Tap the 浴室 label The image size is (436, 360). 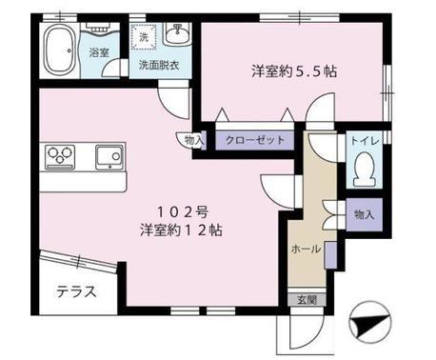[x=99, y=53]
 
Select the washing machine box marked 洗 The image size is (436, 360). [x=143, y=35]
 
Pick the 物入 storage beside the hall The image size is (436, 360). [x=363, y=214]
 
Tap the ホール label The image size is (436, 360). [x=305, y=249]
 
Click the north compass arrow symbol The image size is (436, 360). [x=367, y=325]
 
